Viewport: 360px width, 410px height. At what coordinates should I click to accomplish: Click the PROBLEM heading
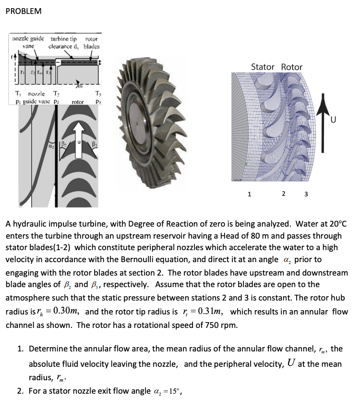coord(24,11)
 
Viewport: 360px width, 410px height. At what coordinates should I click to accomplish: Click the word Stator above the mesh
coord(263,67)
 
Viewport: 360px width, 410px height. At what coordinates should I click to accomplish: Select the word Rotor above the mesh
coord(291,67)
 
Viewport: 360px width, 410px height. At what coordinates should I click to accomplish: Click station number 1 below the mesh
coord(249,194)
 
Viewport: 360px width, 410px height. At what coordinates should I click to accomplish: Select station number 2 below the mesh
coord(284,194)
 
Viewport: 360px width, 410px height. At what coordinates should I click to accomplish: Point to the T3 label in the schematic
coord(98,94)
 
